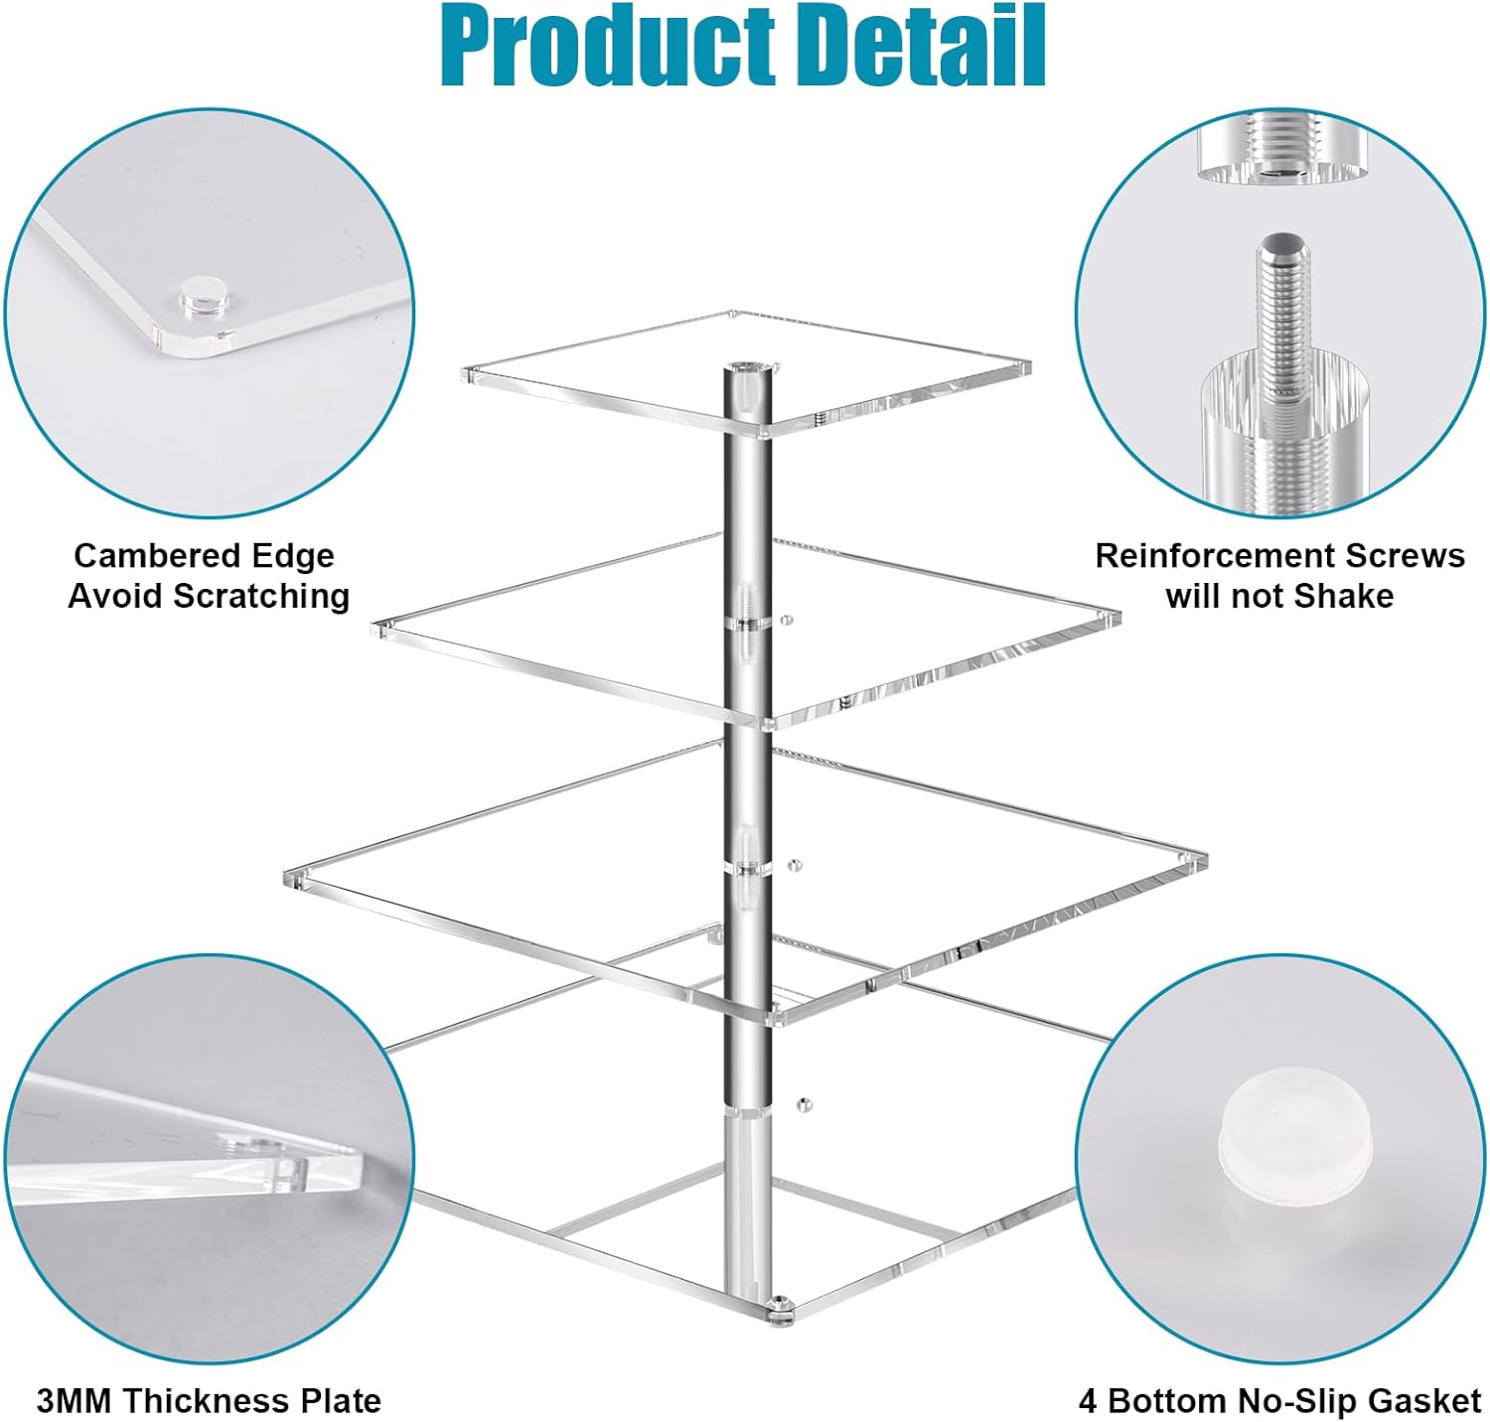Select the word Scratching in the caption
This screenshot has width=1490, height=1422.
click(261, 596)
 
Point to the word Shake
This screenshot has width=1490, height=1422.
click(1345, 596)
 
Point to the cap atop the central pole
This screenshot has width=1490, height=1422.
click(745, 377)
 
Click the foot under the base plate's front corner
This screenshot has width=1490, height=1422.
click(780, 1311)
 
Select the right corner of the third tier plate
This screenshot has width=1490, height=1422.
click(1203, 860)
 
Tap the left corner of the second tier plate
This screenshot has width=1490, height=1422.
click(378, 629)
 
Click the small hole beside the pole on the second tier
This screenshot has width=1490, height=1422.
click(787, 621)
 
